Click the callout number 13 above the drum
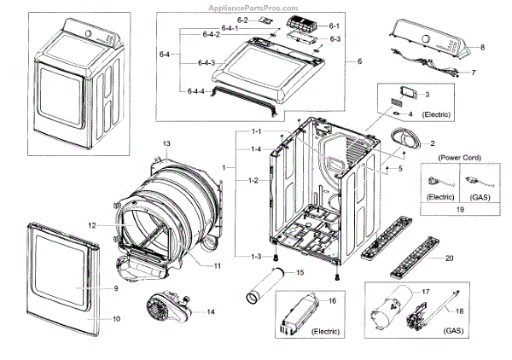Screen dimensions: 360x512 [167, 142]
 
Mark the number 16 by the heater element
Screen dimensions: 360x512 [333, 301]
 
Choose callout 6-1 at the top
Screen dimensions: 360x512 [334, 27]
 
